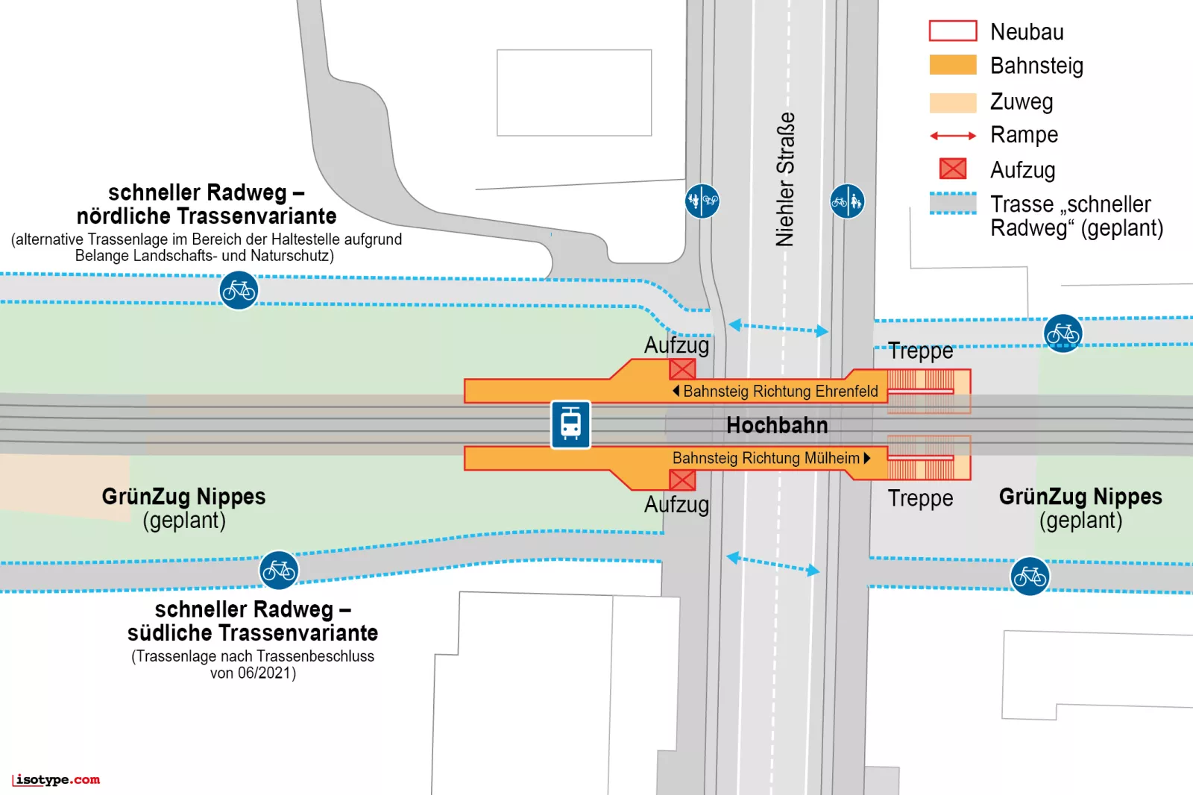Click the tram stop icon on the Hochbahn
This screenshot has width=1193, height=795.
[x=570, y=424]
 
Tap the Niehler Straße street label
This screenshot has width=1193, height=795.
[x=785, y=179]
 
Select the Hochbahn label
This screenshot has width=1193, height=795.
[x=777, y=425]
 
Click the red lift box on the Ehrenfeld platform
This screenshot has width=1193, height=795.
[x=682, y=368]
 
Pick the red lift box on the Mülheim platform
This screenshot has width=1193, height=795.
[x=682, y=480]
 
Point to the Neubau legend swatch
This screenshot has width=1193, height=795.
[x=952, y=31]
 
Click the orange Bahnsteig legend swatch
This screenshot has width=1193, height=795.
[x=952, y=65]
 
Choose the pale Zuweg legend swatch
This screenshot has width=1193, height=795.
[x=952, y=102]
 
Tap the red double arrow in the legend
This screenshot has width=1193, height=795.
[x=952, y=136]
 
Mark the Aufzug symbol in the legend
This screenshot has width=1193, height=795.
[x=952, y=169]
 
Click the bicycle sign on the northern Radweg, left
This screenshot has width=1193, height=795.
[x=239, y=290]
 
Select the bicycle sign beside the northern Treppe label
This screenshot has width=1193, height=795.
[x=1063, y=333]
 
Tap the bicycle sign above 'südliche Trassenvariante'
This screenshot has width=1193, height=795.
[x=279, y=571]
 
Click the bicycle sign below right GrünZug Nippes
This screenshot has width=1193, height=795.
[x=1030, y=576]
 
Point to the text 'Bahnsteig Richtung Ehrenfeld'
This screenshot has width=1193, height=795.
[x=780, y=391]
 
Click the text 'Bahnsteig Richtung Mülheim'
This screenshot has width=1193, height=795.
[x=766, y=458]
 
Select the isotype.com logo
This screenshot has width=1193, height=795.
[x=57, y=780]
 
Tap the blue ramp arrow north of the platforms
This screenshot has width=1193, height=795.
[x=778, y=327]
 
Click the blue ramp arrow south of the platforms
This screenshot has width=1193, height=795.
[x=772, y=564]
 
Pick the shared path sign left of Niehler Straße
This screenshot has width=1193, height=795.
[x=702, y=201]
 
